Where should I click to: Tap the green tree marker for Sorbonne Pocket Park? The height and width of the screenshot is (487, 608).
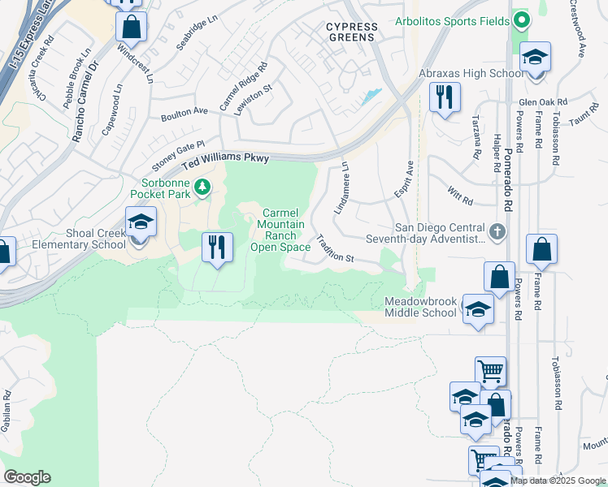(x=202, y=187)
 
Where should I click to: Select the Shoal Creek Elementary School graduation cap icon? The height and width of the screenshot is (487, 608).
(x=141, y=222)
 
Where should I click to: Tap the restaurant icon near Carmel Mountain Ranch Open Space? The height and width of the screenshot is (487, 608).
(x=217, y=247)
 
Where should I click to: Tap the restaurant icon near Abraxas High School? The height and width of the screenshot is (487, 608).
(x=445, y=97)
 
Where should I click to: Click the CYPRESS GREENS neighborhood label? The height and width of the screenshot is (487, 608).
(x=351, y=32)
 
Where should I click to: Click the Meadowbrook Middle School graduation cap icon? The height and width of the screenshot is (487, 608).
(x=478, y=309)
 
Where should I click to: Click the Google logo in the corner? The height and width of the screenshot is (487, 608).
(x=27, y=476)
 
